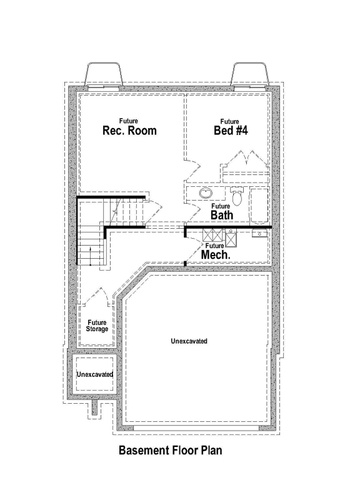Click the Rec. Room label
pyautogui.click(x=129, y=130)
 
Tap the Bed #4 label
pyautogui.click(x=231, y=130)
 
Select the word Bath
pyautogui.click(x=222, y=215)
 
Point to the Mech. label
pyautogui.click(x=216, y=255)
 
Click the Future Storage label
pyautogui.click(x=97, y=326)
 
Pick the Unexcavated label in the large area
pyautogui.click(x=189, y=341)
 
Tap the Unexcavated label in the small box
pyautogui.click(x=95, y=374)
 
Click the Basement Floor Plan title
pyautogui.click(x=170, y=450)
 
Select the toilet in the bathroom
pyautogui.click(x=237, y=196)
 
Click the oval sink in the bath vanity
pyautogui.click(x=206, y=192)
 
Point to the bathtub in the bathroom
pyautogui.click(x=259, y=206)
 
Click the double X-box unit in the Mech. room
pyautogui.click(x=212, y=235)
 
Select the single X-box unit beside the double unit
pyautogui.click(x=231, y=238)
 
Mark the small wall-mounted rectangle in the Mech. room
pyautogui.click(x=259, y=233)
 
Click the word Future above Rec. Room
pyautogui.click(x=129, y=121)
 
